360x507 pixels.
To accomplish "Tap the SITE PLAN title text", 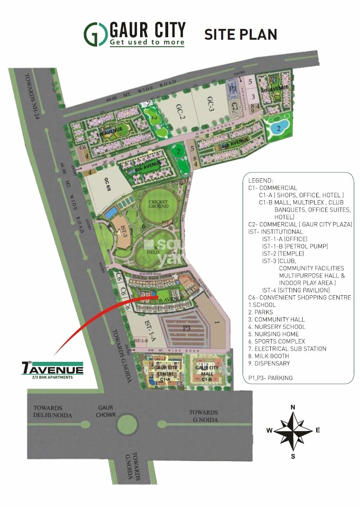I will click(x=241, y=34).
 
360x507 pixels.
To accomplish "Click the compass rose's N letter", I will click(x=293, y=407).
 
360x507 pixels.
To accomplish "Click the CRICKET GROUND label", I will click(x=159, y=204).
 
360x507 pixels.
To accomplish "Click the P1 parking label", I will click(x=232, y=88).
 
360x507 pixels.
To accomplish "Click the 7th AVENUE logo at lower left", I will click(x=52, y=369).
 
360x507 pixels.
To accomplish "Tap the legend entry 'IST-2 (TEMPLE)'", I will click(x=283, y=253).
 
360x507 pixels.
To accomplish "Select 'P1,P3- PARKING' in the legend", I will click(x=270, y=378).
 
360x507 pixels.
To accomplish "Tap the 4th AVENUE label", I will click(x=274, y=88).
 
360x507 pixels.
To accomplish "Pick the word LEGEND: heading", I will click(x=260, y=181).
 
